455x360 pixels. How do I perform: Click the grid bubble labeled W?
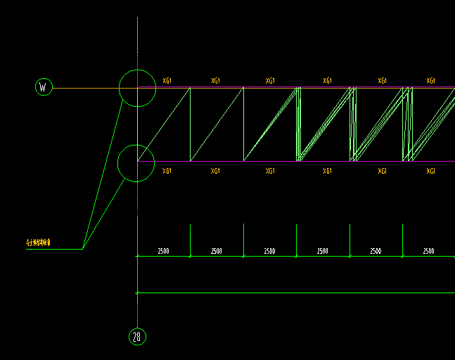44,87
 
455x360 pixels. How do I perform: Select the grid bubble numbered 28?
137,337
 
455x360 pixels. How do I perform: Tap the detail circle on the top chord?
137,88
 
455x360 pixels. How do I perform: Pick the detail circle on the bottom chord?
136,163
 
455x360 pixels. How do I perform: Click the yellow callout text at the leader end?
38,243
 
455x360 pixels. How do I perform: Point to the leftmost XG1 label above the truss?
167,81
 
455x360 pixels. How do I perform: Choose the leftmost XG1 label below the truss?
167,171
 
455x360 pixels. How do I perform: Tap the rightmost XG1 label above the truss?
431,81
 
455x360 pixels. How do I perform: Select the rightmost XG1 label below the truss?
431,171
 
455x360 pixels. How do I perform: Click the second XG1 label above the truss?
216,81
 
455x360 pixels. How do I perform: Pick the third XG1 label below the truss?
270,171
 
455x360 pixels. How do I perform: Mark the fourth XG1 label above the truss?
328,81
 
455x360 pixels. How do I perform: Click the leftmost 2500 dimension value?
163,251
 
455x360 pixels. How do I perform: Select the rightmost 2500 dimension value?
428,251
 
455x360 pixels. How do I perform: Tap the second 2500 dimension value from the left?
217,251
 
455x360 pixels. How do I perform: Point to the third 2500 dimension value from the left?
269,251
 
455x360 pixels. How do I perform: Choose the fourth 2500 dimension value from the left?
322,251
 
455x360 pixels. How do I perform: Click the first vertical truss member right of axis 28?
191,124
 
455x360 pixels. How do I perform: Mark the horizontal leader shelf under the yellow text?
54,249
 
